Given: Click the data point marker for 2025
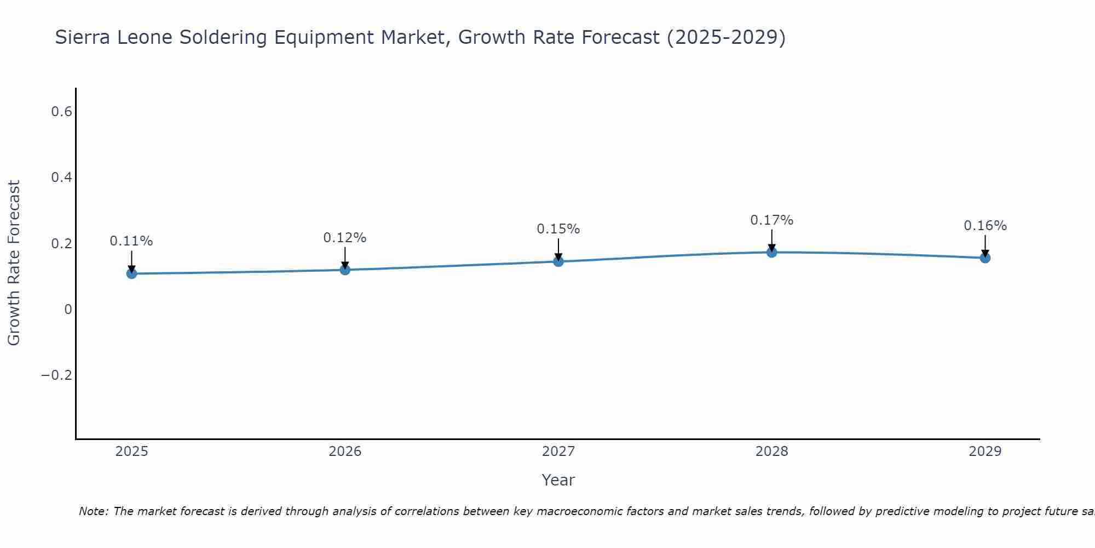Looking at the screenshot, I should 131,273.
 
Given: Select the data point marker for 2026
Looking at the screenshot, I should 345,270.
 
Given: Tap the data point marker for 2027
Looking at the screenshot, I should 558,261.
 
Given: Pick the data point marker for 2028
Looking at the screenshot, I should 771,252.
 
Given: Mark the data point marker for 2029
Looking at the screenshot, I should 985,258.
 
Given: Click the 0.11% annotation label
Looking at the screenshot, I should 131,241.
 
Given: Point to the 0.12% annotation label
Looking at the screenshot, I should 345,238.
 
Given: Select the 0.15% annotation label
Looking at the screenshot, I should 558,229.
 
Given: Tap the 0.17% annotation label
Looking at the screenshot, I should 771,220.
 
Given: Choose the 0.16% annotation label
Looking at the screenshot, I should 985,226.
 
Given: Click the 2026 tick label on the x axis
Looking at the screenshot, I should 345,452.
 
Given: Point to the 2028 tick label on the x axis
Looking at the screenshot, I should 771,452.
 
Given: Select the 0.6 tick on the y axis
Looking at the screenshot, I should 61,112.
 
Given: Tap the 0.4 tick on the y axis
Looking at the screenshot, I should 61,178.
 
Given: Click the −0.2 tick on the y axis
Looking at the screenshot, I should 56,375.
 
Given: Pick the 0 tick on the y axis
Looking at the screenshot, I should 68,309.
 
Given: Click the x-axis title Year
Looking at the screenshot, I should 558,480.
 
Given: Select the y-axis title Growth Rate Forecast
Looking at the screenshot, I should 14,263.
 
